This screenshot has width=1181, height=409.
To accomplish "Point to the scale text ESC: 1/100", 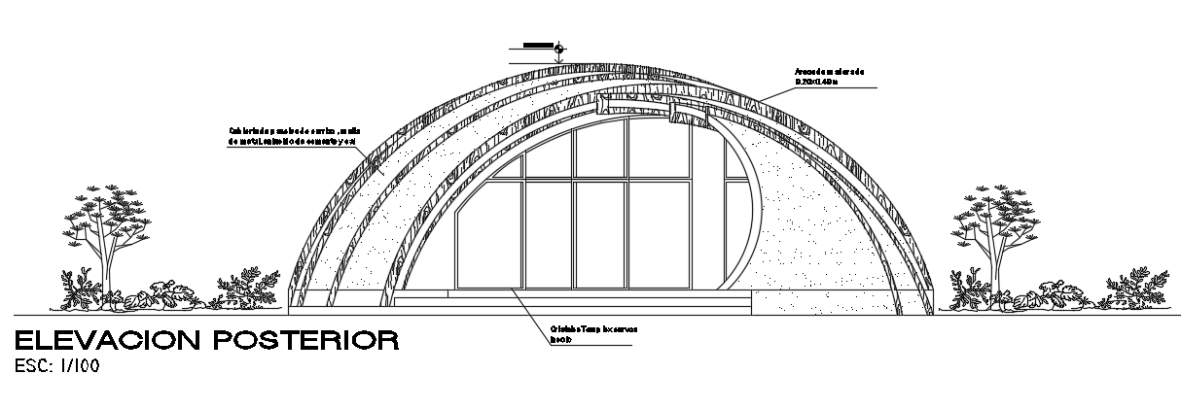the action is click(x=56, y=366).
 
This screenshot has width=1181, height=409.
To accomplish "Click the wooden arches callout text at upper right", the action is click(x=829, y=72).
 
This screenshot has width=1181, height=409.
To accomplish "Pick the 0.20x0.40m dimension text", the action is click(x=817, y=83).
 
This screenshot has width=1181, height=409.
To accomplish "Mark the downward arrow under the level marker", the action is click(x=558, y=59).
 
